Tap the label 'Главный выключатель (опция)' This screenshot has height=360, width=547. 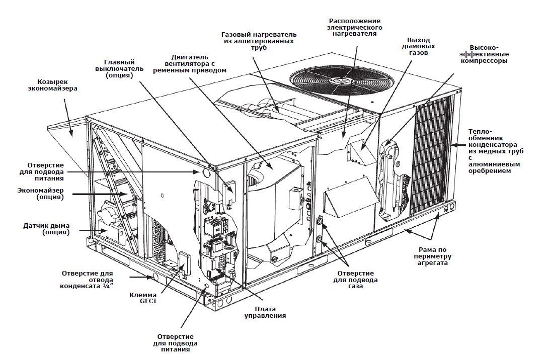119,69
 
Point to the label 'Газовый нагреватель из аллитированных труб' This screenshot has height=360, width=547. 259,41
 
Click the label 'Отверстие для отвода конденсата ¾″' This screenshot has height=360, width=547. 87,279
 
